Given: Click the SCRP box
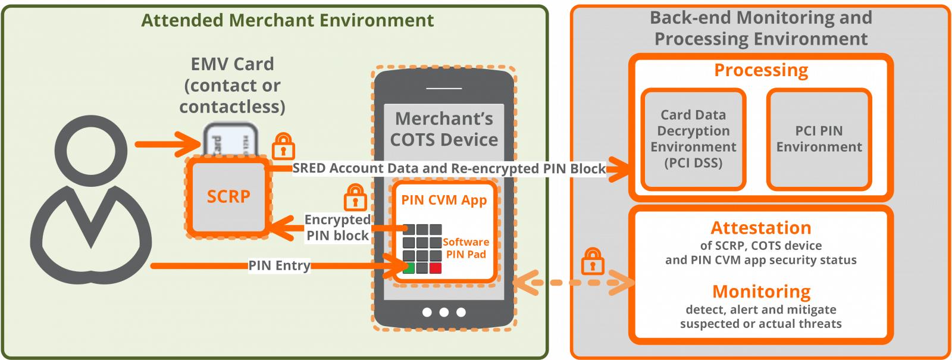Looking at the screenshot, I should (x=228, y=197).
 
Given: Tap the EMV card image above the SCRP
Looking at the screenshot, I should (x=230, y=140).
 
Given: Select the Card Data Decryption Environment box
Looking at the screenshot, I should (x=693, y=139).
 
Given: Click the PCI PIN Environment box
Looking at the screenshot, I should (x=819, y=139).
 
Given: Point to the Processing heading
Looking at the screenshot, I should (x=761, y=70).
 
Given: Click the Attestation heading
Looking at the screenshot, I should (x=761, y=228).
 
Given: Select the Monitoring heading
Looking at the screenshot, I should (x=761, y=292).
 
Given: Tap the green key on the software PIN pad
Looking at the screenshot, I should (x=409, y=268).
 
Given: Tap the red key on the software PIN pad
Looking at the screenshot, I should (x=436, y=268).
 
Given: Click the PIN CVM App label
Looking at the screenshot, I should (x=444, y=200).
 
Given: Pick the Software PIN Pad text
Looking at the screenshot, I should (x=466, y=248).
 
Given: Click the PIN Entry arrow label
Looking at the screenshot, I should (x=279, y=265).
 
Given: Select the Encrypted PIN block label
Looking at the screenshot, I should (x=337, y=228).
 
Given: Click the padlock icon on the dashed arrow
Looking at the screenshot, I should (x=592, y=262).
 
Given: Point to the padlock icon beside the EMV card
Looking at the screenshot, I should (x=283, y=146).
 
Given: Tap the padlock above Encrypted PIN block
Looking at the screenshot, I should (x=355, y=198).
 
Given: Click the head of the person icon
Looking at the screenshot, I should (x=90, y=151).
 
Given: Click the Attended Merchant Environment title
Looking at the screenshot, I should (x=287, y=20).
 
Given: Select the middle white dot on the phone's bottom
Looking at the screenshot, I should (x=444, y=312).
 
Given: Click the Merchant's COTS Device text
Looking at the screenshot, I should (x=444, y=129).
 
